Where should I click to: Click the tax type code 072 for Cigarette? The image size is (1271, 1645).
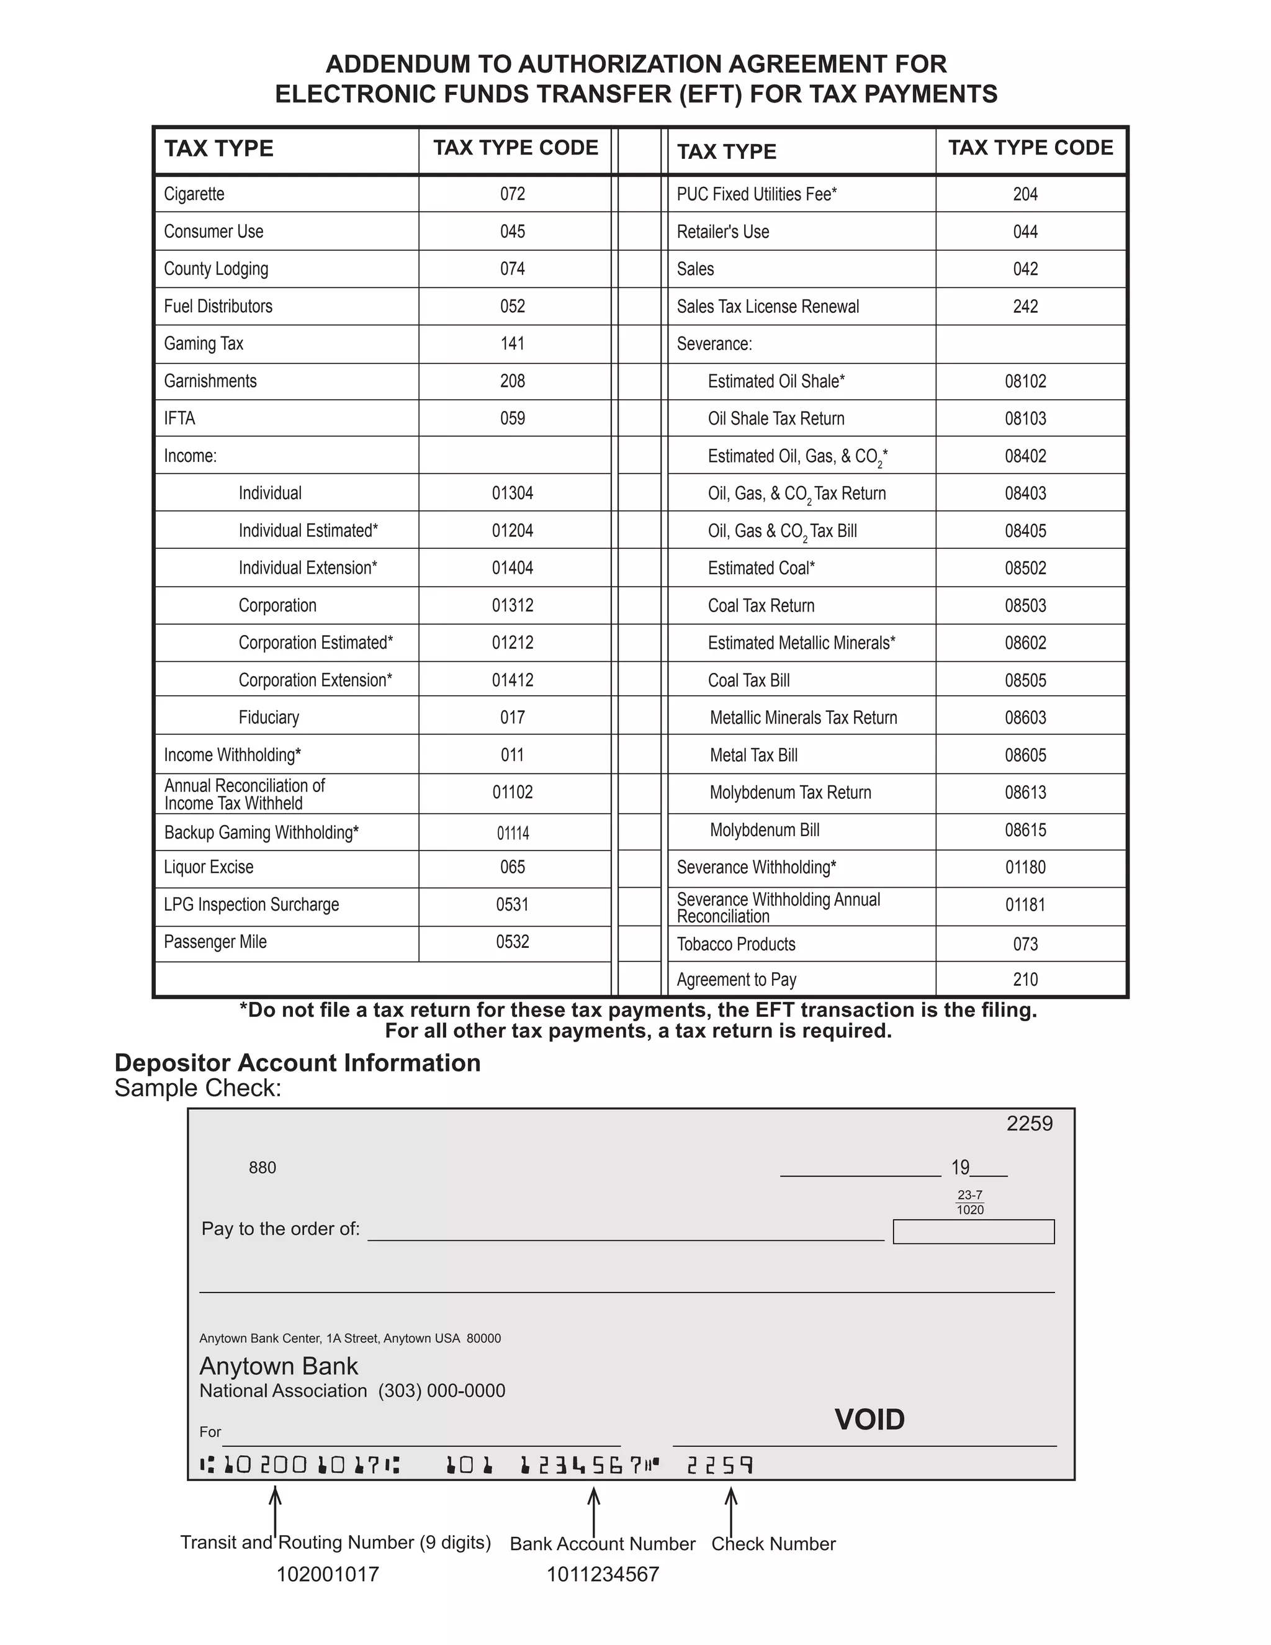coord(512,194)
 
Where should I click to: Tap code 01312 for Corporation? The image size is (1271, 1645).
coord(512,606)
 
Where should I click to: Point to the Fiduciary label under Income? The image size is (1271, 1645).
coord(269,717)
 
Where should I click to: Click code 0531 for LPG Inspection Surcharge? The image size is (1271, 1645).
coord(512,904)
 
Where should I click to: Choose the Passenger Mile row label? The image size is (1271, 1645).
coord(215,942)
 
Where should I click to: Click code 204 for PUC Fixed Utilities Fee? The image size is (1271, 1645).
coord(1025,194)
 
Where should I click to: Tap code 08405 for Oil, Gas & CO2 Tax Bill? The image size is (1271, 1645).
coord(1025,531)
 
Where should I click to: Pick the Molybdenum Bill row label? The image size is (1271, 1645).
coord(764,830)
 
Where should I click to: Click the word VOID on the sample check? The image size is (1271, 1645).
coord(869,1420)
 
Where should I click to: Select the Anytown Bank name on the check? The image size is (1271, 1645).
coord(279,1366)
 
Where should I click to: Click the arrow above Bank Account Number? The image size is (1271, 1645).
coord(593,1510)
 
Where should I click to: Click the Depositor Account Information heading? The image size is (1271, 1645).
coord(297,1063)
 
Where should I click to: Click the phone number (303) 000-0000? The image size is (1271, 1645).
coord(441,1390)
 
